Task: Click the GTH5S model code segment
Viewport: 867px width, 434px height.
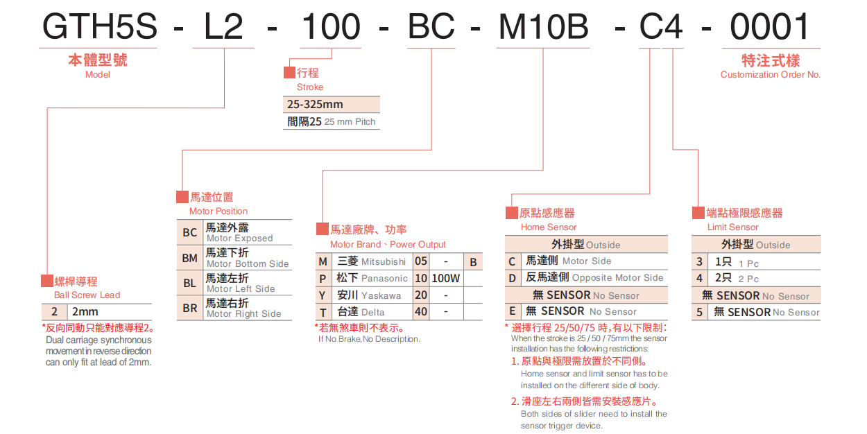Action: coord(100,27)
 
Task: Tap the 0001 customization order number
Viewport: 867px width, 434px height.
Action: coord(770,27)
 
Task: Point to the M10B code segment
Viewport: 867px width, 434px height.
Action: coord(544,27)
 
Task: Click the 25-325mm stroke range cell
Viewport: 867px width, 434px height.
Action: coord(315,105)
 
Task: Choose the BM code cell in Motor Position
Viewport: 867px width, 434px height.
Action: coord(189,258)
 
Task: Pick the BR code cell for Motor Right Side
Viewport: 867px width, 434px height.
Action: coord(189,308)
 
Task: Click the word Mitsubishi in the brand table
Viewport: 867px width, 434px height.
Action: coord(384,262)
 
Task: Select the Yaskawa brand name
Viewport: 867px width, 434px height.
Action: coord(381,295)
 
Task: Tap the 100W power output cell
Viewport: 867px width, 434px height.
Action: coord(445,279)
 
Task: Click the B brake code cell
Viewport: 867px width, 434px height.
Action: coord(473,262)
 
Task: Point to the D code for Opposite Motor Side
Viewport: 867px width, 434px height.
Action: coord(512,278)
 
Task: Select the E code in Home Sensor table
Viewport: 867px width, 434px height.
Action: coord(512,312)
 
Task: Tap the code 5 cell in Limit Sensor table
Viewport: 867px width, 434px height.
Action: coord(700,313)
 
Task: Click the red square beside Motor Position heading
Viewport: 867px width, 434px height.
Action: coord(182,197)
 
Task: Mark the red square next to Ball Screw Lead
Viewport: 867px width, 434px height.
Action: coord(46,281)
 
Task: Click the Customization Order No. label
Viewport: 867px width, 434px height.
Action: coord(770,75)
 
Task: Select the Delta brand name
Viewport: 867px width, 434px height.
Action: coord(372,312)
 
